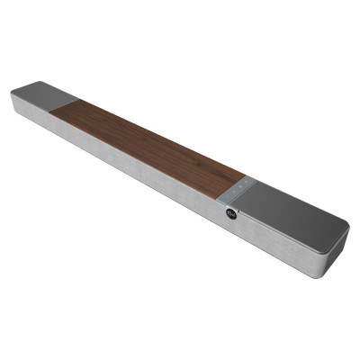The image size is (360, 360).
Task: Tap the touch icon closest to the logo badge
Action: click(x=233, y=195)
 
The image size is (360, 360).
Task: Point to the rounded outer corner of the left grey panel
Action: click(x=14, y=92)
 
